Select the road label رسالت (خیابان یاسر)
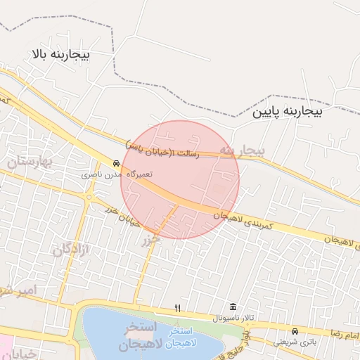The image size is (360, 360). [x=162, y=148]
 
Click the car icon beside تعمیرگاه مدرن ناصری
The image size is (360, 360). [x=116, y=162]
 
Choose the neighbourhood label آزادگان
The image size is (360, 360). [x=72, y=248]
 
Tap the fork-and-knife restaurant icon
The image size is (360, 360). [x=177, y=308]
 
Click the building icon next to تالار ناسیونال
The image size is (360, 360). [x=233, y=308]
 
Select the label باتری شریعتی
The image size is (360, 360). [x=295, y=341]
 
